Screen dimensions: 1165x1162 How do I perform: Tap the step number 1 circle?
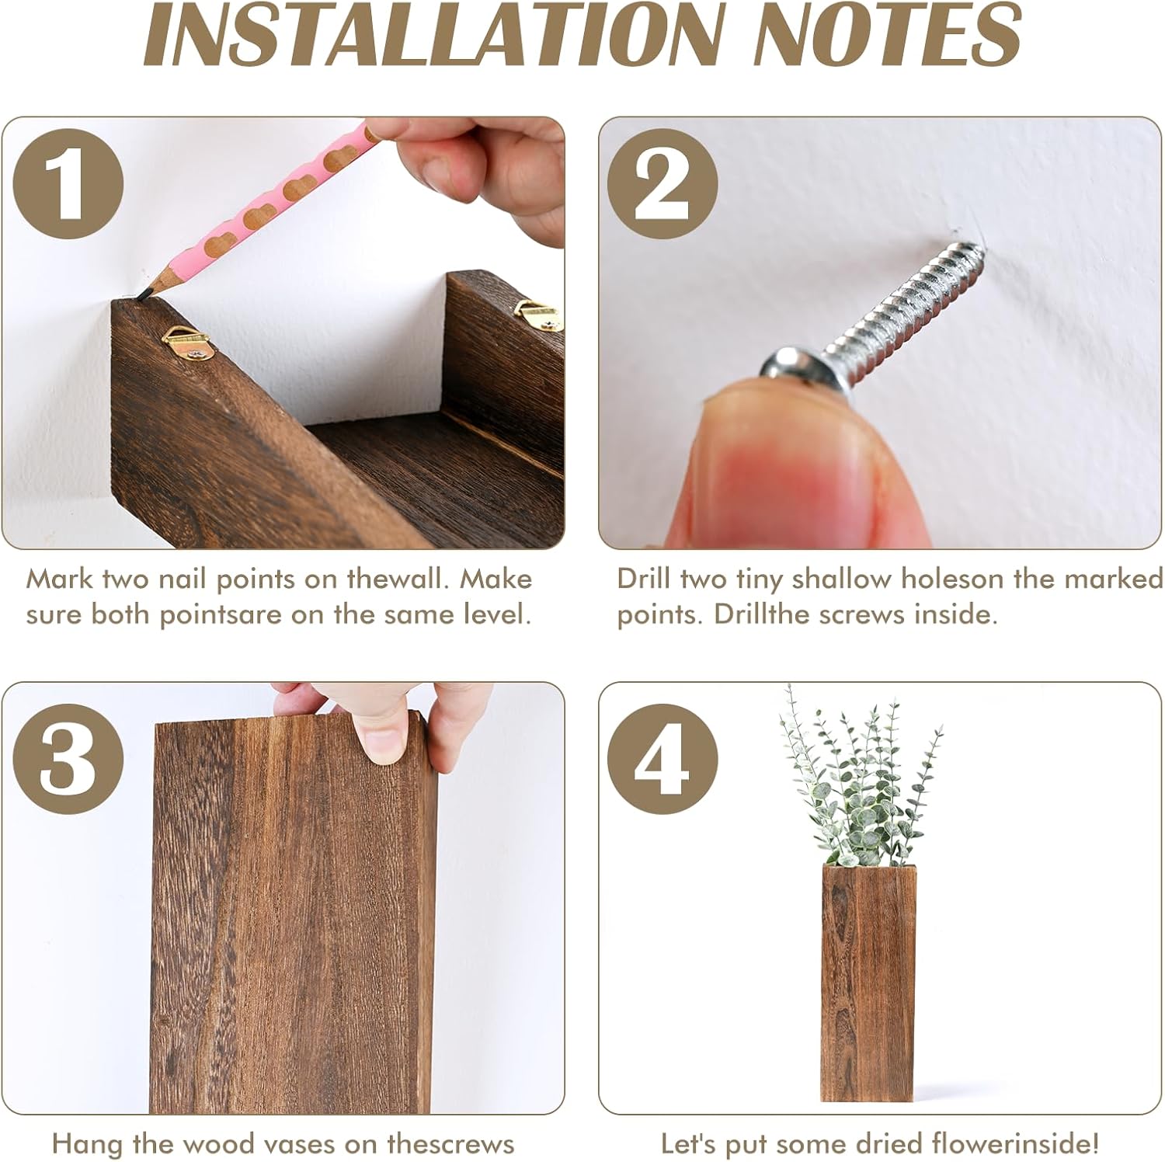68,184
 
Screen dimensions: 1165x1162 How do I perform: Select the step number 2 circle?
662,184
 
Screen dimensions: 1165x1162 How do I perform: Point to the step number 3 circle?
68,759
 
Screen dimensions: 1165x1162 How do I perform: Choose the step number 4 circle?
662,759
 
